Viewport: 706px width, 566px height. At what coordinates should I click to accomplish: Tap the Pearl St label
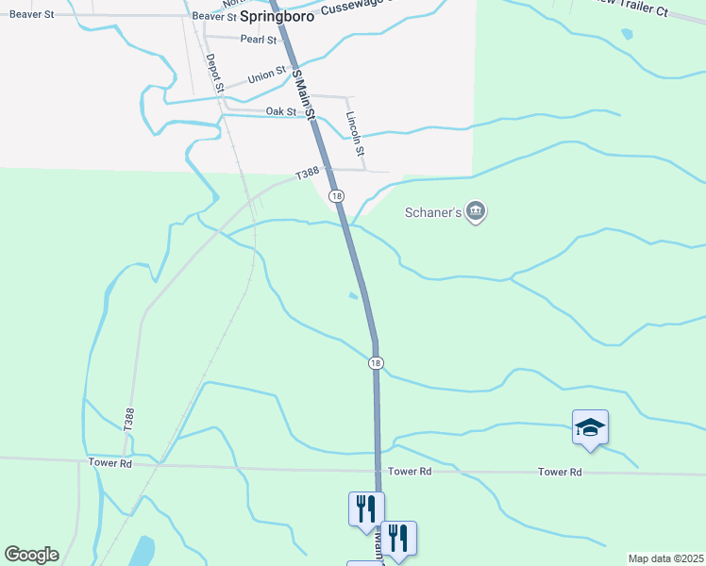(x=258, y=41)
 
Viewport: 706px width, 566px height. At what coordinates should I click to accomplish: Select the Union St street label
(x=266, y=74)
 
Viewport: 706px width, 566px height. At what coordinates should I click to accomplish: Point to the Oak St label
(x=280, y=111)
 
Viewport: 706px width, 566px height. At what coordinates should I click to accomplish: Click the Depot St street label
(x=214, y=73)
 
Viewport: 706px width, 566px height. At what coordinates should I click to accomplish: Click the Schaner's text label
(x=433, y=213)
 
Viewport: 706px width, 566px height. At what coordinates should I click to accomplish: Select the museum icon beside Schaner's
(x=476, y=212)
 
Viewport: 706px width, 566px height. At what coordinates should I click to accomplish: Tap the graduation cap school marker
(x=590, y=427)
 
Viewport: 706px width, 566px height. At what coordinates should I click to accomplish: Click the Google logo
(x=31, y=555)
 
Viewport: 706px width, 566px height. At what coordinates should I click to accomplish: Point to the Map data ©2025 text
(x=665, y=558)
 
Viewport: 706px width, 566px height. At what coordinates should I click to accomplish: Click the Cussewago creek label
(x=354, y=8)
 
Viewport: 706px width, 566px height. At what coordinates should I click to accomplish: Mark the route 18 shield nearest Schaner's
(x=337, y=195)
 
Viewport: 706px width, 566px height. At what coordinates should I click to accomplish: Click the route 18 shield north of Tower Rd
(x=376, y=363)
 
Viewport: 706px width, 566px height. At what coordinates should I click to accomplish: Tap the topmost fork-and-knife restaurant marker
(x=363, y=508)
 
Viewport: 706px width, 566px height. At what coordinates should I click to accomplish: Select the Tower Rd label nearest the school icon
(x=559, y=472)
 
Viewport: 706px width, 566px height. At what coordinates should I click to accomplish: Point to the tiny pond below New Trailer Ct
(x=628, y=34)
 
